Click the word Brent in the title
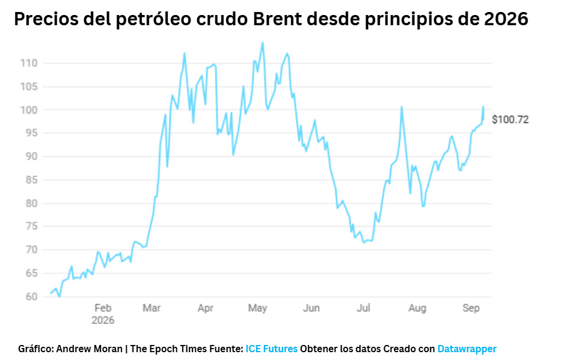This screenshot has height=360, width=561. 277,19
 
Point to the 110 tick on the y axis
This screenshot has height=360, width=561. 29,63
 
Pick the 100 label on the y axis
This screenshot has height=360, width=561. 29,110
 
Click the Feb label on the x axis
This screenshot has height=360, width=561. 103,308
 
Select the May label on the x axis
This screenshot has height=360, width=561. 257,308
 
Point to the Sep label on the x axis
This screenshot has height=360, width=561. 471,308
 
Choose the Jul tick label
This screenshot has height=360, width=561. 363,308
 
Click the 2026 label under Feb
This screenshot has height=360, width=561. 103,320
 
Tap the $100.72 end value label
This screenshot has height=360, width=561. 510,120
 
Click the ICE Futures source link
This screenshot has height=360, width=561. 271,349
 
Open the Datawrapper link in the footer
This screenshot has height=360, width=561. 467,349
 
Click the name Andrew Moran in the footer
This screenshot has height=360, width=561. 89,349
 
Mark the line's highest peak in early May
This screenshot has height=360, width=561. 263,43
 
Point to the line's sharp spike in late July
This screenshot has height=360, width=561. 402,106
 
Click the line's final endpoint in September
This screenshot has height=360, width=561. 483,106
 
